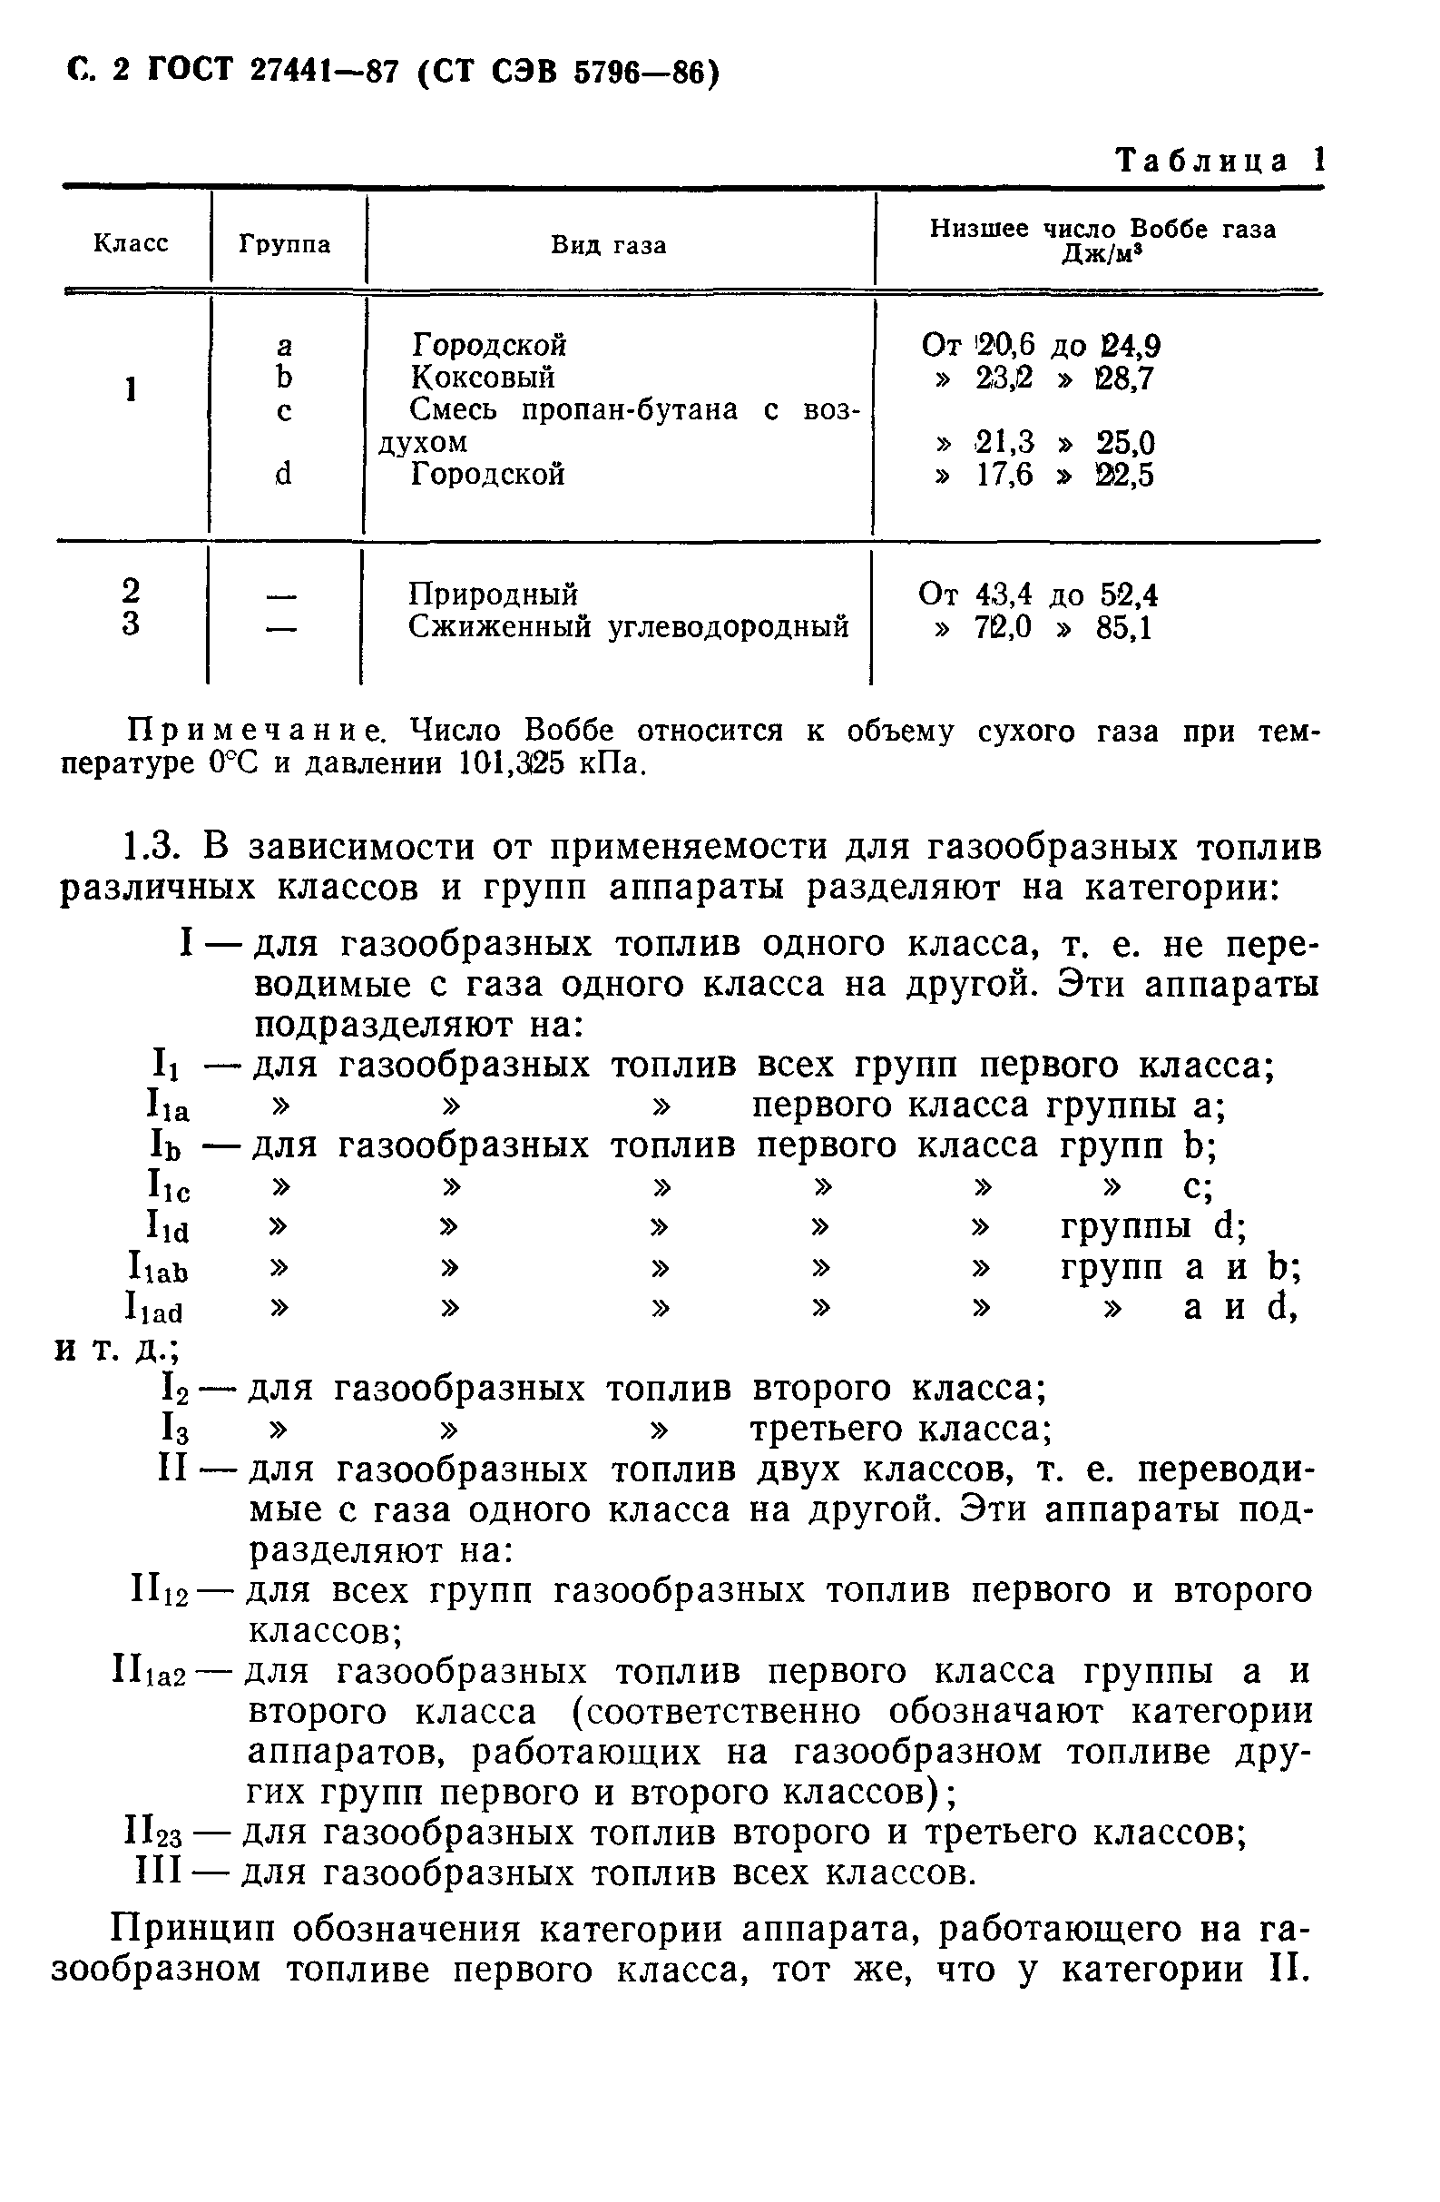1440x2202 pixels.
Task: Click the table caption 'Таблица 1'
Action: pyautogui.click(x=1220, y=161)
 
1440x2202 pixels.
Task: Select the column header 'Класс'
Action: pyautogui.click(x=132, y=243)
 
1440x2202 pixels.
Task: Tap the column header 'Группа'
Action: pyautogui.click(x=285, y=244)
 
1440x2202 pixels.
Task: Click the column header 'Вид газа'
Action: pyautogui.click(x=609, y=245)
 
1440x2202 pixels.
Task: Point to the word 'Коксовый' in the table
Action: pyautogui.click(x=483, y=378)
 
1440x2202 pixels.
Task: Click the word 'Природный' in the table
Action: pyautogui.click(x=493, y=594)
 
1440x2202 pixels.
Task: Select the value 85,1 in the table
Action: pyautogui.click(x=1123, y=629)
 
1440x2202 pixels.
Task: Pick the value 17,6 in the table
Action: pyautogui.click(x=1004, y=476)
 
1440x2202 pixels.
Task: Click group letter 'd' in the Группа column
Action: pyautogui.click(x=284, y=475)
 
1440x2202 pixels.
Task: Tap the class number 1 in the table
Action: pyautogui.click(x=132, y=389)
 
